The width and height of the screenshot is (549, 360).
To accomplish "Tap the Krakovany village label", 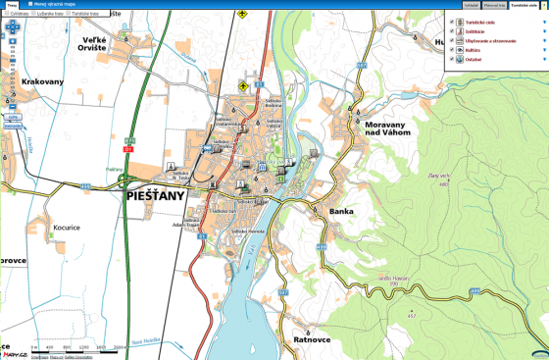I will pos(41,81).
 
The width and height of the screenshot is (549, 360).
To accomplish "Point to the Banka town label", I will pos(341,211).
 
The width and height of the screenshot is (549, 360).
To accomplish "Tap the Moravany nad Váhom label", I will pos(391,131).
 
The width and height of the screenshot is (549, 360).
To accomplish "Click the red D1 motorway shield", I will pos(127,149).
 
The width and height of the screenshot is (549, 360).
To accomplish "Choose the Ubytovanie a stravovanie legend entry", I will pos(486,39).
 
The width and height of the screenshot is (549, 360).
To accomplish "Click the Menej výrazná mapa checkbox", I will pos(37,4).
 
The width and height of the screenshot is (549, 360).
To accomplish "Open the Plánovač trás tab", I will pos(493,5).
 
